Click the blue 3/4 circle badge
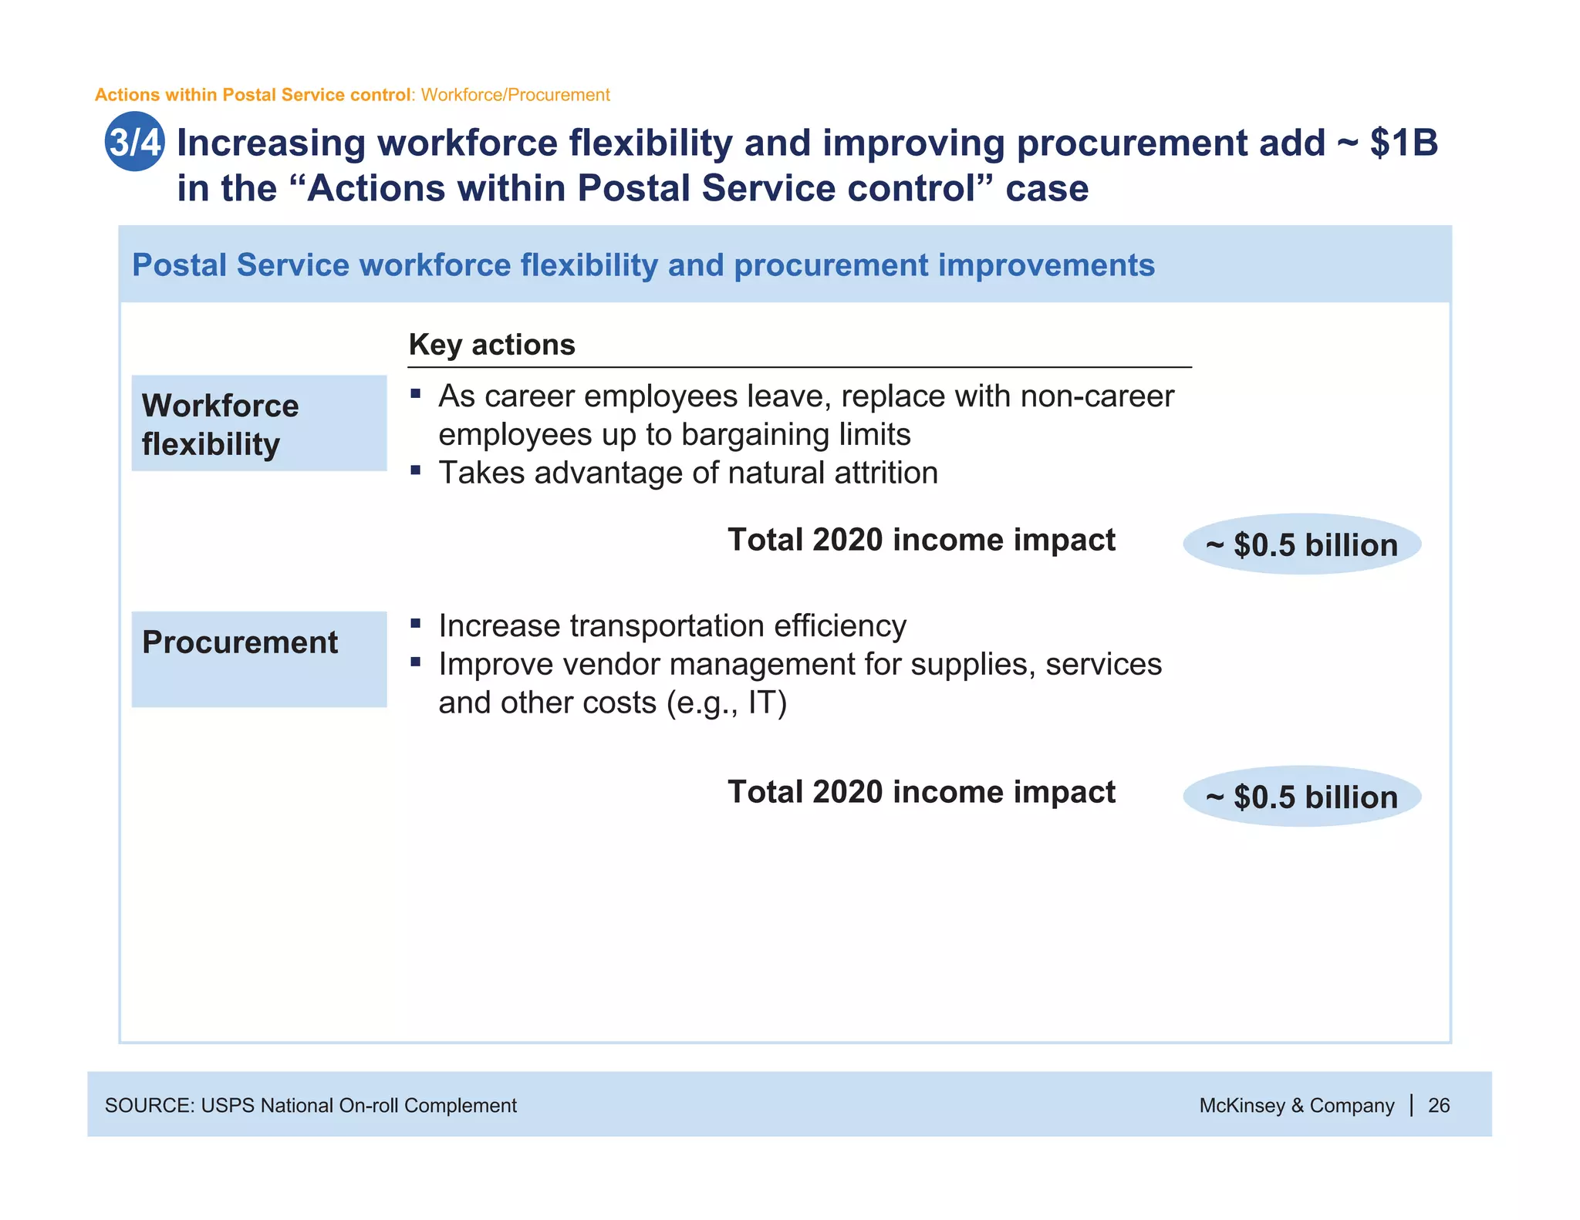[134, 142]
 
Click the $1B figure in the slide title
[1403, 143]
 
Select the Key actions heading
[491, 345]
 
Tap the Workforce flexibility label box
[258, 423]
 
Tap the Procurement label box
[258, 659]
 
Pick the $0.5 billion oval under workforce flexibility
[1301, 544]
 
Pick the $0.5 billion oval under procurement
[1301, 797]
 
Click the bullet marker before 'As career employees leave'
[416, 394]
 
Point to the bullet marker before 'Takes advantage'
[416, 470]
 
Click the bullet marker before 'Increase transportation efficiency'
[416, 623]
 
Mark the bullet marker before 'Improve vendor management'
[416, 662]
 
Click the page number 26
[1439, 1105]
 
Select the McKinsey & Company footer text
[1296, 1105]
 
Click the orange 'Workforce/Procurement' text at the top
[515, 95]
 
